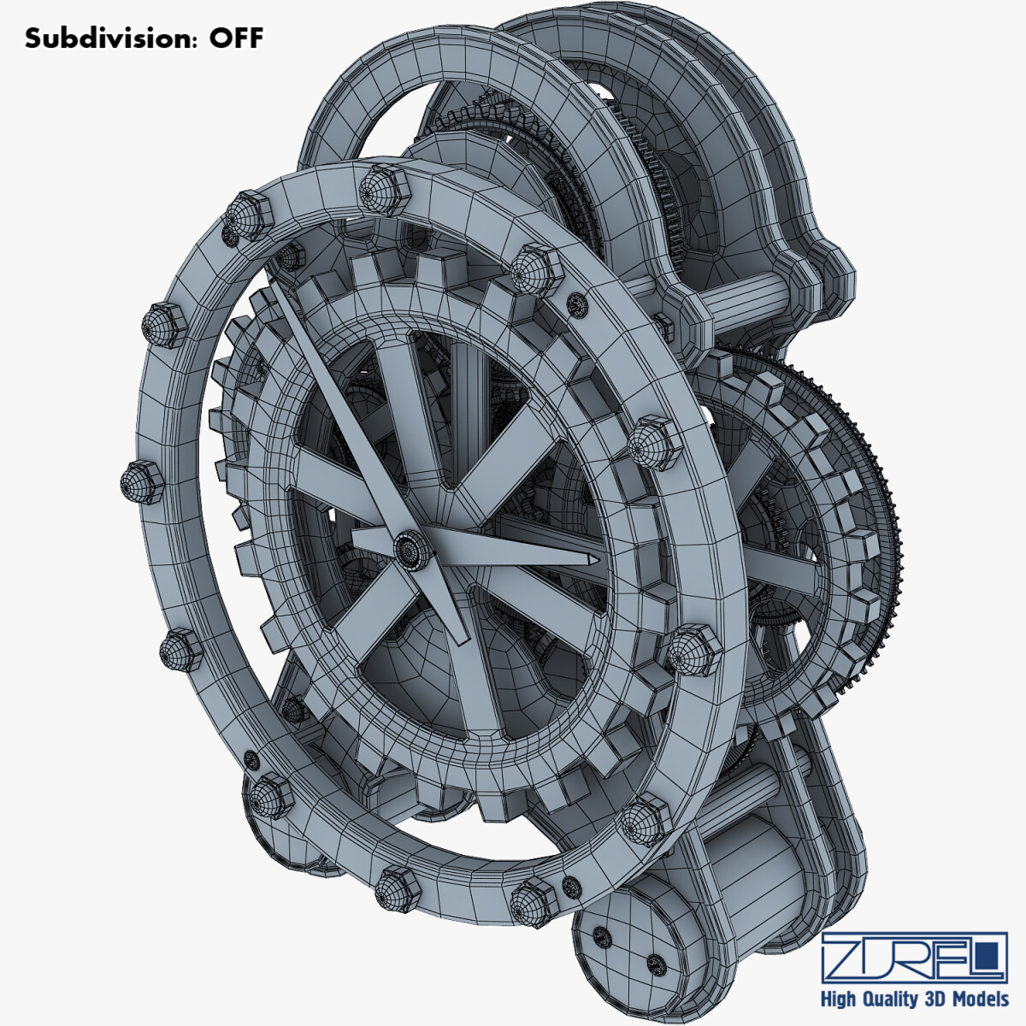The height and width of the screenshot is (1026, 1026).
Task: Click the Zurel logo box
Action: [913, 958]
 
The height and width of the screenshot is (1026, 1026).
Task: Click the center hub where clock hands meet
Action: [410, 547]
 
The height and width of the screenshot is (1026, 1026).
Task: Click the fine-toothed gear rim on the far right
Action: [889, 530]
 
